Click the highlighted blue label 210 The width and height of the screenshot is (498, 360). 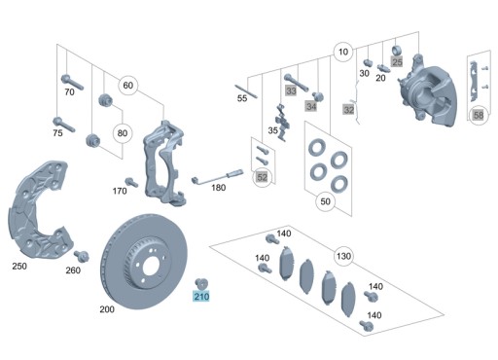click(201, 297)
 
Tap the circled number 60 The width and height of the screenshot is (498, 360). click(128, 86)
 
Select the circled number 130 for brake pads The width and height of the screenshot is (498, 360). click(343, 256)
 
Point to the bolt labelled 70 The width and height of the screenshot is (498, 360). click(72, 82)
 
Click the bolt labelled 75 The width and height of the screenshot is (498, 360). click(64, 125)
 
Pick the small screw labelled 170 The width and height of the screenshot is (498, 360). click(131, 182)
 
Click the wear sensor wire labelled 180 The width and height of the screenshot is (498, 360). click(217, 177)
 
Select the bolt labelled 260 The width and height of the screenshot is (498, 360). click(82, 256)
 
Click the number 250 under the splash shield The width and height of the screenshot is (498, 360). click(19, 267)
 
